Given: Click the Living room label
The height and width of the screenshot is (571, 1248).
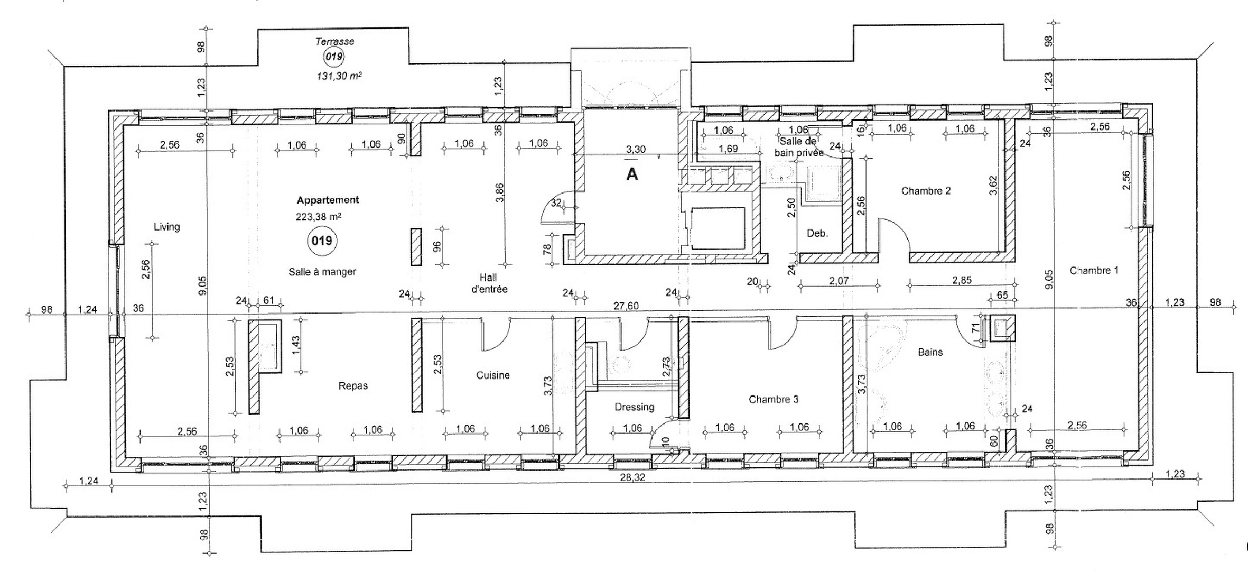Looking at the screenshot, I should point(166,227).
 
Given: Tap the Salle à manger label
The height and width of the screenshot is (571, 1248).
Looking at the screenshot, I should point(322,272).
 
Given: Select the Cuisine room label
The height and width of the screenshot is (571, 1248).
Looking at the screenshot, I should point(492,375).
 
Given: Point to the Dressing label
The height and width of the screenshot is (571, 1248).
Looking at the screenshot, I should point(634,407).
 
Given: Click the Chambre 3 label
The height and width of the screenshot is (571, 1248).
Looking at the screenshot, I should point(773,400).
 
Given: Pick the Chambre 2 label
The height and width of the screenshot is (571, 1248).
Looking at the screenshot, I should point(926,191).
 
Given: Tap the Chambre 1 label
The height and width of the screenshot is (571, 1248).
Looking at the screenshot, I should point(1094,271).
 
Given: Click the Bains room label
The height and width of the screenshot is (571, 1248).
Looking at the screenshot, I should point(930,352).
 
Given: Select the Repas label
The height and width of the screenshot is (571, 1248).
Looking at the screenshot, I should point(353,386).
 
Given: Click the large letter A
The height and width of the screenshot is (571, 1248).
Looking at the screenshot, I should point(632,174).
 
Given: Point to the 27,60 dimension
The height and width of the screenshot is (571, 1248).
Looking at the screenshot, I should point(626,306).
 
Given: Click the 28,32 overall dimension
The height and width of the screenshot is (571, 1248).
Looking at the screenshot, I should point(632,477).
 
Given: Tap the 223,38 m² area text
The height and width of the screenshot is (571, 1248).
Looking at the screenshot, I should point(318,216).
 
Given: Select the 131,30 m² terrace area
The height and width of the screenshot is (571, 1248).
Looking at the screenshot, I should point(339,76).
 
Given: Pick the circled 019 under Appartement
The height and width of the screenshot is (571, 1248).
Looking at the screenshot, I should point(322,241).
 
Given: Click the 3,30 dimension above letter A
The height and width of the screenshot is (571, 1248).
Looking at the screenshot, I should point(635,150).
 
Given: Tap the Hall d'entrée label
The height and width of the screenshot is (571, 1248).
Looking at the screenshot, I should point(492,283).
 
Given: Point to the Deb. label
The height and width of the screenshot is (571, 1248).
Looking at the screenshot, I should point(817,233).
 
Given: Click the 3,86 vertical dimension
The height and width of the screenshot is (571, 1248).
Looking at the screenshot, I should point(500,192).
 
